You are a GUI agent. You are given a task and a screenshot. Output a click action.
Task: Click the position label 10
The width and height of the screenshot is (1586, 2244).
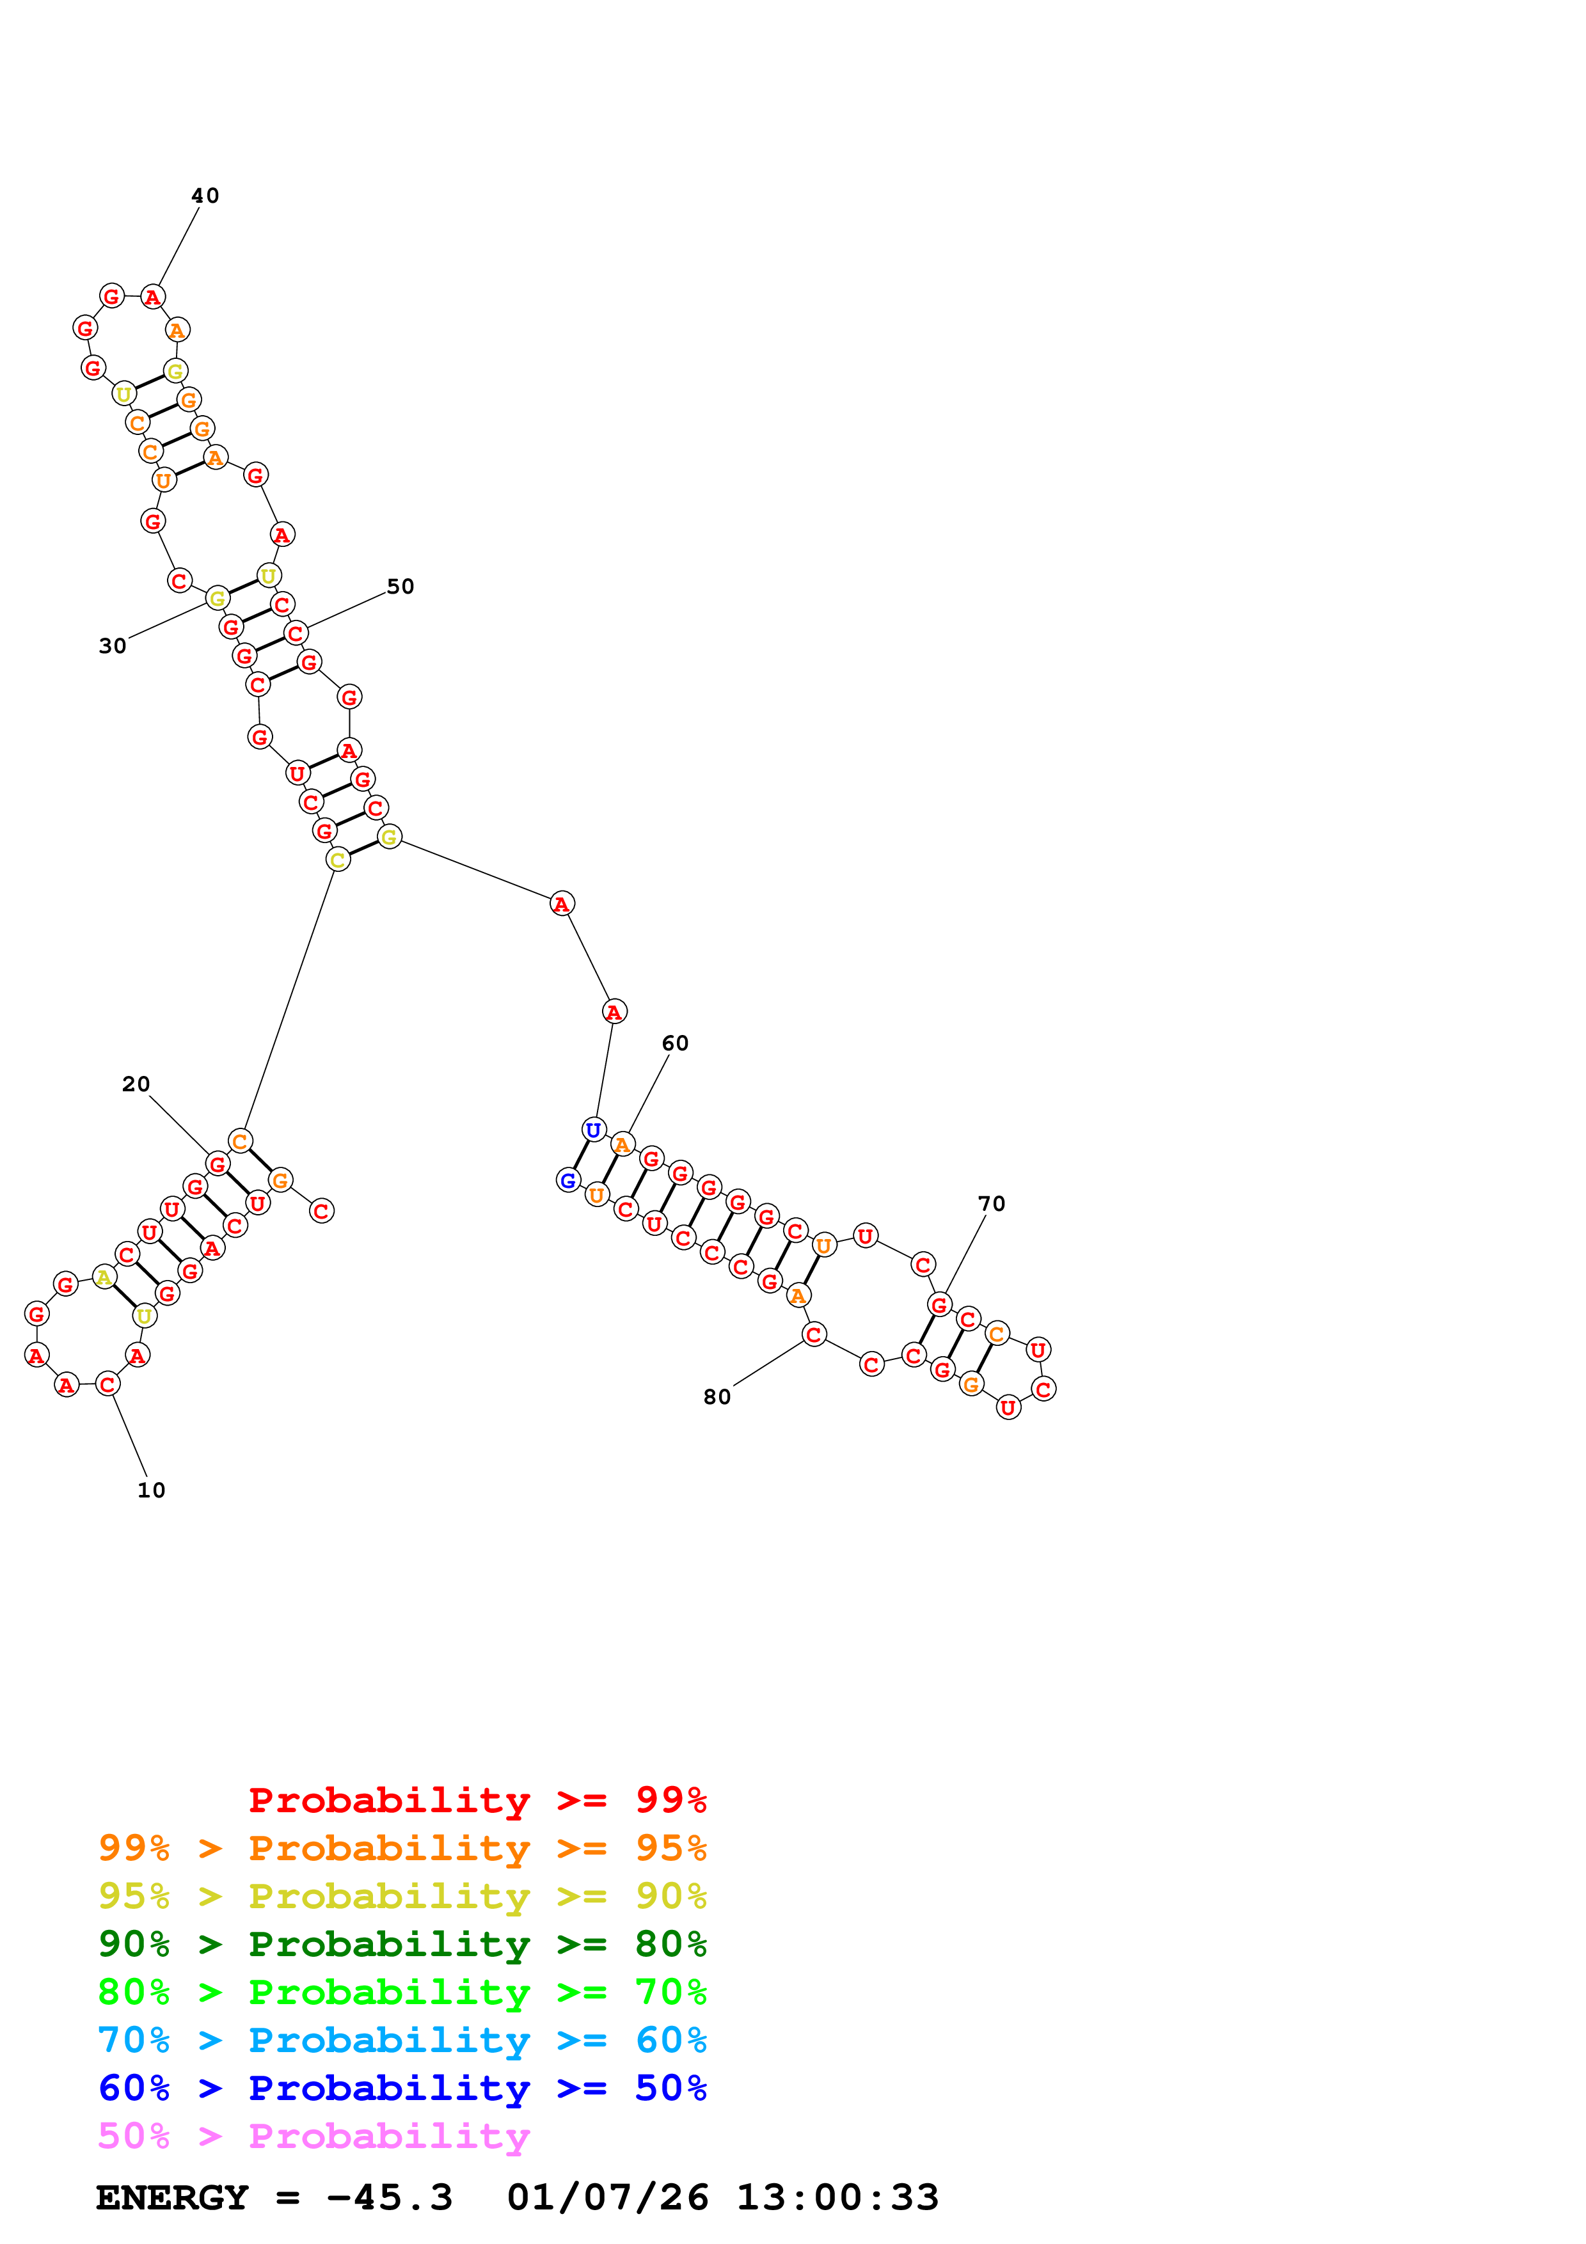click(x=152, y=1490)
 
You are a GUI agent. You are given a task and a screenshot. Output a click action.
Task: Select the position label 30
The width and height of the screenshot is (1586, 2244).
click(x=113, y=646)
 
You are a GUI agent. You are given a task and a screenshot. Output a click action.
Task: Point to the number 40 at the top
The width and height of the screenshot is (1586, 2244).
click(x=205, y=196)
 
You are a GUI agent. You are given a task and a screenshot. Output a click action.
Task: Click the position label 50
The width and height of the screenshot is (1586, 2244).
click(x=400, y=587)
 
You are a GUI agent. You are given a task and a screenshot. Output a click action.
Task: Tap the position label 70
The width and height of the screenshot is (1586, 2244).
click(x=992, y=1203)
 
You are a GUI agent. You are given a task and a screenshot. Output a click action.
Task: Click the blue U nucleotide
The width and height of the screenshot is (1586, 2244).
click(x=593, y=1130)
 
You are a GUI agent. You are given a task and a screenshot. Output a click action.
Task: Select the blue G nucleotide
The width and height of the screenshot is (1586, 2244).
click(x=567, y=1181)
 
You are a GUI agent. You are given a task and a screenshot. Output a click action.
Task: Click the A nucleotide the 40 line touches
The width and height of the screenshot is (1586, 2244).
click(x=152, y=297)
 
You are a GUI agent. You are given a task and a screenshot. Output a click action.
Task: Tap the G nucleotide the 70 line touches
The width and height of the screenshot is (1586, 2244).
click(x=939, y=1305)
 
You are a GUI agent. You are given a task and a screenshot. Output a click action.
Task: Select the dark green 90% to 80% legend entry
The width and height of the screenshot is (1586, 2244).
click(x=402, y=1944)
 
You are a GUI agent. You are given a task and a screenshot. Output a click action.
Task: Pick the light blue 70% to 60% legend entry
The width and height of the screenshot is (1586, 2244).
click(x=402, y=2040)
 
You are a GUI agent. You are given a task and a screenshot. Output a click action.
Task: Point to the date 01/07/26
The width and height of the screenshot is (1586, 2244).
click(x=607, y=2198)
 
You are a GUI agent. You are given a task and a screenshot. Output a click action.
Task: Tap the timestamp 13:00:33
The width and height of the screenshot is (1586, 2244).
click(x=837, y=2198)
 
